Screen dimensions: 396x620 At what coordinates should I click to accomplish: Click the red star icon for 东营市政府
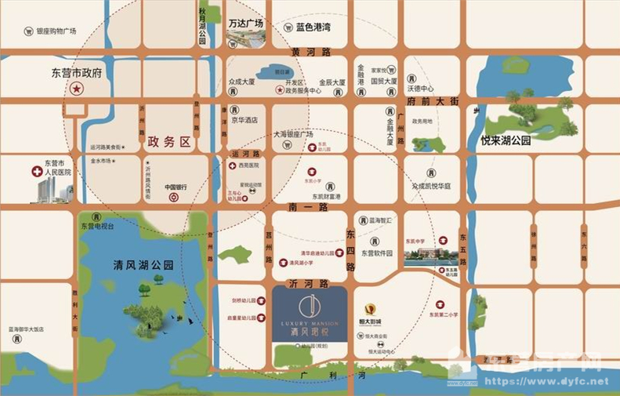(77, 89)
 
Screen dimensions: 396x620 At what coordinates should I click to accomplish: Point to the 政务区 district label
(169, 142)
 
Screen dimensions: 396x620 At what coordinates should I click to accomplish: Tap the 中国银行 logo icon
(174, 198)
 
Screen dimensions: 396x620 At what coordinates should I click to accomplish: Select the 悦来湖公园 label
(506, 141)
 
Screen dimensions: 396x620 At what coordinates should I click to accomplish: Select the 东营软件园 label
(381, 253)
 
